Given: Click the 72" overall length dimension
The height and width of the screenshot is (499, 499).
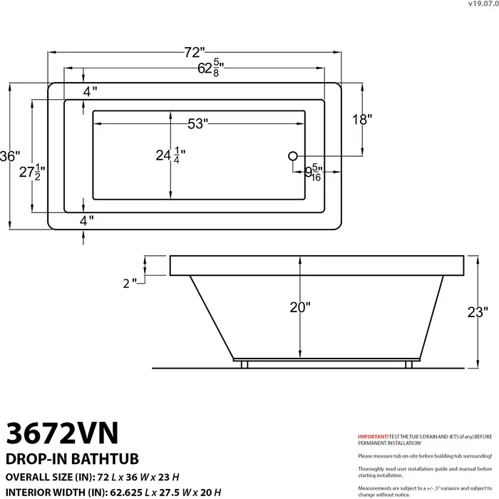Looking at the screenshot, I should pyautogui.click(x=194, y=52).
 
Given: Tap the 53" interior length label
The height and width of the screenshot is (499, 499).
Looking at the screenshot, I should pyautogui.click(x=197, y=124).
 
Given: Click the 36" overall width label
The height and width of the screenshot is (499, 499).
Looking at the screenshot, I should pyautogui.click(x=10, y=156).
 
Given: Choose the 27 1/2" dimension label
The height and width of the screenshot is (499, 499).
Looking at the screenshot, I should pyautogui.click(x=33, y=171).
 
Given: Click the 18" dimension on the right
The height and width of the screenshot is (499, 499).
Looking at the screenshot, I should pyautogui.click(x=362, y=120).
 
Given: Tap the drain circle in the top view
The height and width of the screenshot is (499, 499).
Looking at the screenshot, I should pyautogui.click(x=292, y=156).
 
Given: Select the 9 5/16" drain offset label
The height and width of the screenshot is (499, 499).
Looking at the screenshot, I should pyautogui.click(x=314, y=173).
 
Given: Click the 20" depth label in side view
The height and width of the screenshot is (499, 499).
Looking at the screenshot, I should pyautogui.click(x=300, y=307).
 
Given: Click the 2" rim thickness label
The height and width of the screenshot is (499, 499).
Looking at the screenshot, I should pyautogui.click(x=129, y=283).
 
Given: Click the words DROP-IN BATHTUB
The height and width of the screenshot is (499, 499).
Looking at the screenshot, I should pyautogui.click(x=72, y=458).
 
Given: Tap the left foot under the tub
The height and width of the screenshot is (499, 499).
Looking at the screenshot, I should pyautogui.click(x=244, y=364).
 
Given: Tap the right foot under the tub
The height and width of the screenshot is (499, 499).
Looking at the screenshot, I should pyautogui.click(x=409, y=364).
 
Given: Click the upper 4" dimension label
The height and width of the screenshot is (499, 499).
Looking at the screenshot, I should pyautogui.click(x=90, y=91).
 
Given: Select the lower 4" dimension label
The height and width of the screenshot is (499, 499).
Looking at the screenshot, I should pyautogui.click(x=87, y=221).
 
